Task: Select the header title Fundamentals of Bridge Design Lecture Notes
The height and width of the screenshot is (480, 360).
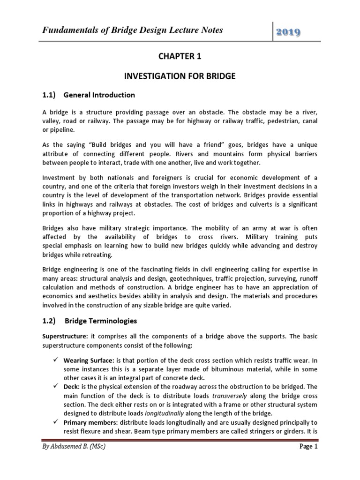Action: click(x=127, y=30)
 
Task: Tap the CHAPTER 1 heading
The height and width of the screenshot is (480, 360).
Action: click(x=180, y=56)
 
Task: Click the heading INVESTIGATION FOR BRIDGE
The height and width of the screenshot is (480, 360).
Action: click(x=180, y=75)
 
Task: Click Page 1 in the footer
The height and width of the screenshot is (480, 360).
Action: click(x=308, y=460)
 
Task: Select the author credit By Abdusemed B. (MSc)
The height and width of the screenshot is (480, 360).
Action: click(x=74, y=460)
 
